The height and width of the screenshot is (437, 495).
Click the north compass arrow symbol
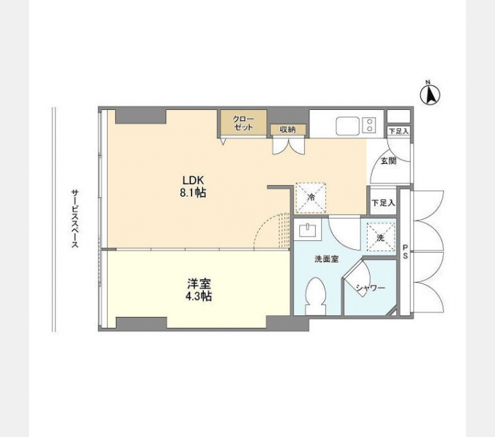429,94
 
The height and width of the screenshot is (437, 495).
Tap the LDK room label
193,181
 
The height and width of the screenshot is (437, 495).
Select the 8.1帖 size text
193,192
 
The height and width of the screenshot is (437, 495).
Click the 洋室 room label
199,284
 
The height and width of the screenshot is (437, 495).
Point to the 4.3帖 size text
199,296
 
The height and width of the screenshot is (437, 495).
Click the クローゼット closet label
243,124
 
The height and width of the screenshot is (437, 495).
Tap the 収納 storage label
288,129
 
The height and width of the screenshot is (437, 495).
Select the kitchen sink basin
347,126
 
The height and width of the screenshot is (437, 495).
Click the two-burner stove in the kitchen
369,125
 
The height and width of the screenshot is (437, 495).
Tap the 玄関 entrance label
388,161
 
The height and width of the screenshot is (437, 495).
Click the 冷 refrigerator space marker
311,197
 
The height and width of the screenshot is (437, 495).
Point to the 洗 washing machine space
381,237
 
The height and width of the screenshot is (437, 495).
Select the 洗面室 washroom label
327,259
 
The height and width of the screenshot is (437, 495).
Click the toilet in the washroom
316,296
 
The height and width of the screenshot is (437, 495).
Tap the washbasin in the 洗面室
308,230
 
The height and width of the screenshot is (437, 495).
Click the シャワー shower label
371,288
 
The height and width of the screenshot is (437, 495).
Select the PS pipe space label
405,252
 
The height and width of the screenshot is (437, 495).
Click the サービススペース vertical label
74,219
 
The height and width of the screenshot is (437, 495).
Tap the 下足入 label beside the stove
399,131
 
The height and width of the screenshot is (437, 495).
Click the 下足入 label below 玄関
383,202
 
